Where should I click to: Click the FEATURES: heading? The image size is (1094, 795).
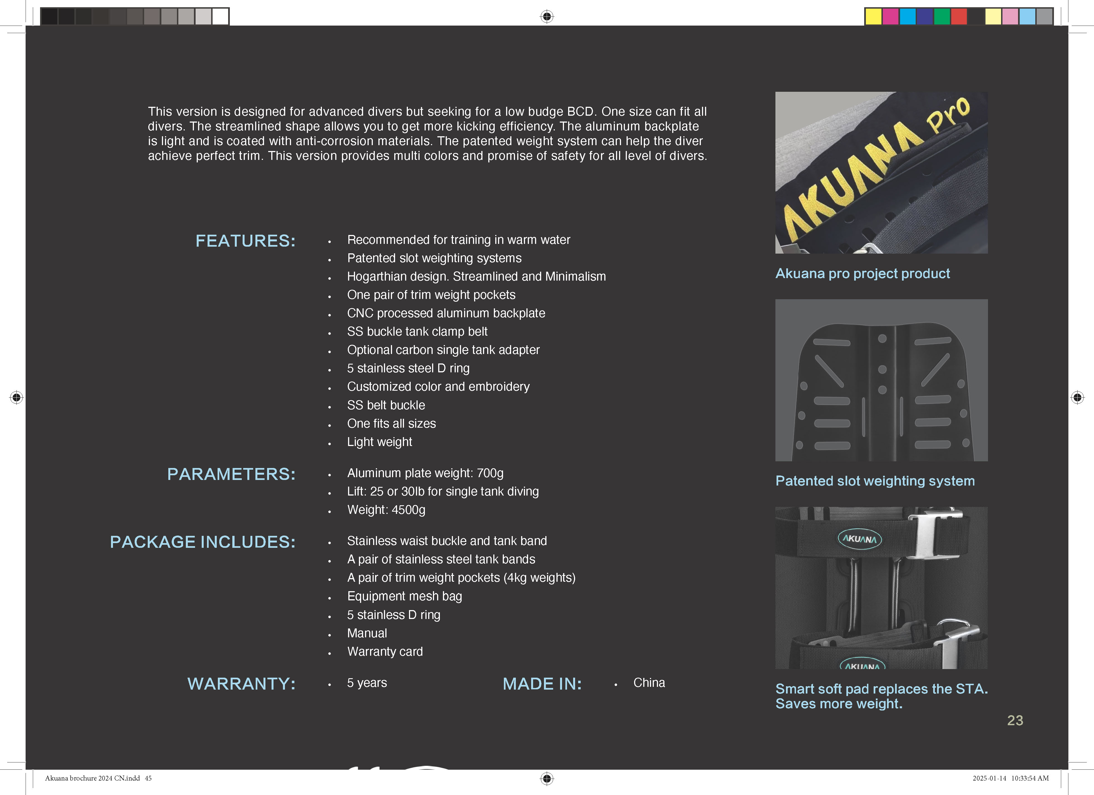click(x=245, y=241)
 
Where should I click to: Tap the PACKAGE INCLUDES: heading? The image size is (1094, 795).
click(x=203, y=542)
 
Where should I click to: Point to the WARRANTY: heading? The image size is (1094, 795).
click(x=241, y=683)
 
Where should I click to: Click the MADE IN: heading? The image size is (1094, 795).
click(x=542, y=683)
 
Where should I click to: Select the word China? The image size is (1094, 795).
click(x=649, y=683)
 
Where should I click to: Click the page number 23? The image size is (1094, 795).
click(x=1015, y=720)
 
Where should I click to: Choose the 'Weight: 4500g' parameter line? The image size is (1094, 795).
click(x=386, y=510)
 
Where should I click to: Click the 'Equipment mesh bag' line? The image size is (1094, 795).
click(x=404, y=596)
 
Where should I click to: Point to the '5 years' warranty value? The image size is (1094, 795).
click(x=367, y=683)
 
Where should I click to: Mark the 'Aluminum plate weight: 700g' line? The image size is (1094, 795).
click(x=425, y=473)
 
